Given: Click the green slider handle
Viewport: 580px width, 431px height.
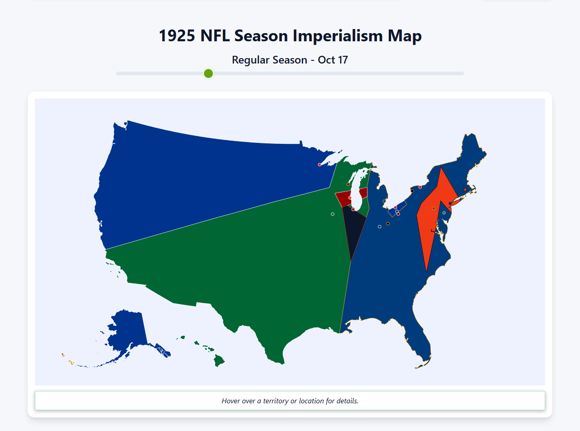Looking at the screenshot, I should tap(208, 73).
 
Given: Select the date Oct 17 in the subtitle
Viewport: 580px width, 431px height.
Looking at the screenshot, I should tap(333, 60).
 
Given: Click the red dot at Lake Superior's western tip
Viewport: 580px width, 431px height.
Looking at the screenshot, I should tap(319, 165).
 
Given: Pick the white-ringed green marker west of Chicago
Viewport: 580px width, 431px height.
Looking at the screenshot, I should tap(333, 214).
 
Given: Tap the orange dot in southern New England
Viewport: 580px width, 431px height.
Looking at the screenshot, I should tap(465, 190).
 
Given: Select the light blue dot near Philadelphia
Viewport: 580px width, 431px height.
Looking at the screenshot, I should tap(444, 213).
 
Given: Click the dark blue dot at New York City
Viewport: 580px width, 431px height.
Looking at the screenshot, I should tap(450, 203).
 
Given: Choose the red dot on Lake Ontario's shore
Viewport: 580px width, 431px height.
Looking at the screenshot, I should tap(420, 187).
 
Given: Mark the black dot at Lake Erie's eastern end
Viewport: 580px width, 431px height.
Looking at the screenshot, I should tap(412, 191).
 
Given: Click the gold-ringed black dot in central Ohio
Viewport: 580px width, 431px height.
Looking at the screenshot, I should tap(388, 224).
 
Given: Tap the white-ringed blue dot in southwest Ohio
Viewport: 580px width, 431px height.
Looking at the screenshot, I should tap(380, 227).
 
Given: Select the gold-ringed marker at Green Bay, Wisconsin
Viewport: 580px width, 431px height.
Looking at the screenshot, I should tap(348, 184).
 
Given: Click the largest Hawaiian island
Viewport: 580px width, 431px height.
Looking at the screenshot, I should tap(219, 361).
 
